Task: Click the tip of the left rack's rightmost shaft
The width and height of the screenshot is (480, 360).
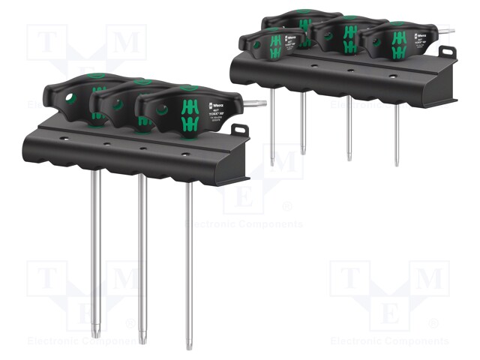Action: click(188, 346)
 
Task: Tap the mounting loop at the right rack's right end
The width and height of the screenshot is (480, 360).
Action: click(448, 52)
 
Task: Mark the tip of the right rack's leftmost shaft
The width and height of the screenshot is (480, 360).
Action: click(271, 163)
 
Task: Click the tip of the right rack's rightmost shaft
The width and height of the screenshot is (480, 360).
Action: click(397, 163)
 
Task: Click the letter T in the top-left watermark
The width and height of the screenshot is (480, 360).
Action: click(46, 42)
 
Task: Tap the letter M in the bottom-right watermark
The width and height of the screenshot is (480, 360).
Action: click(429, 279)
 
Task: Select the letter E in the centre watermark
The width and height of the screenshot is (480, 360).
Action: click(243, 199)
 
